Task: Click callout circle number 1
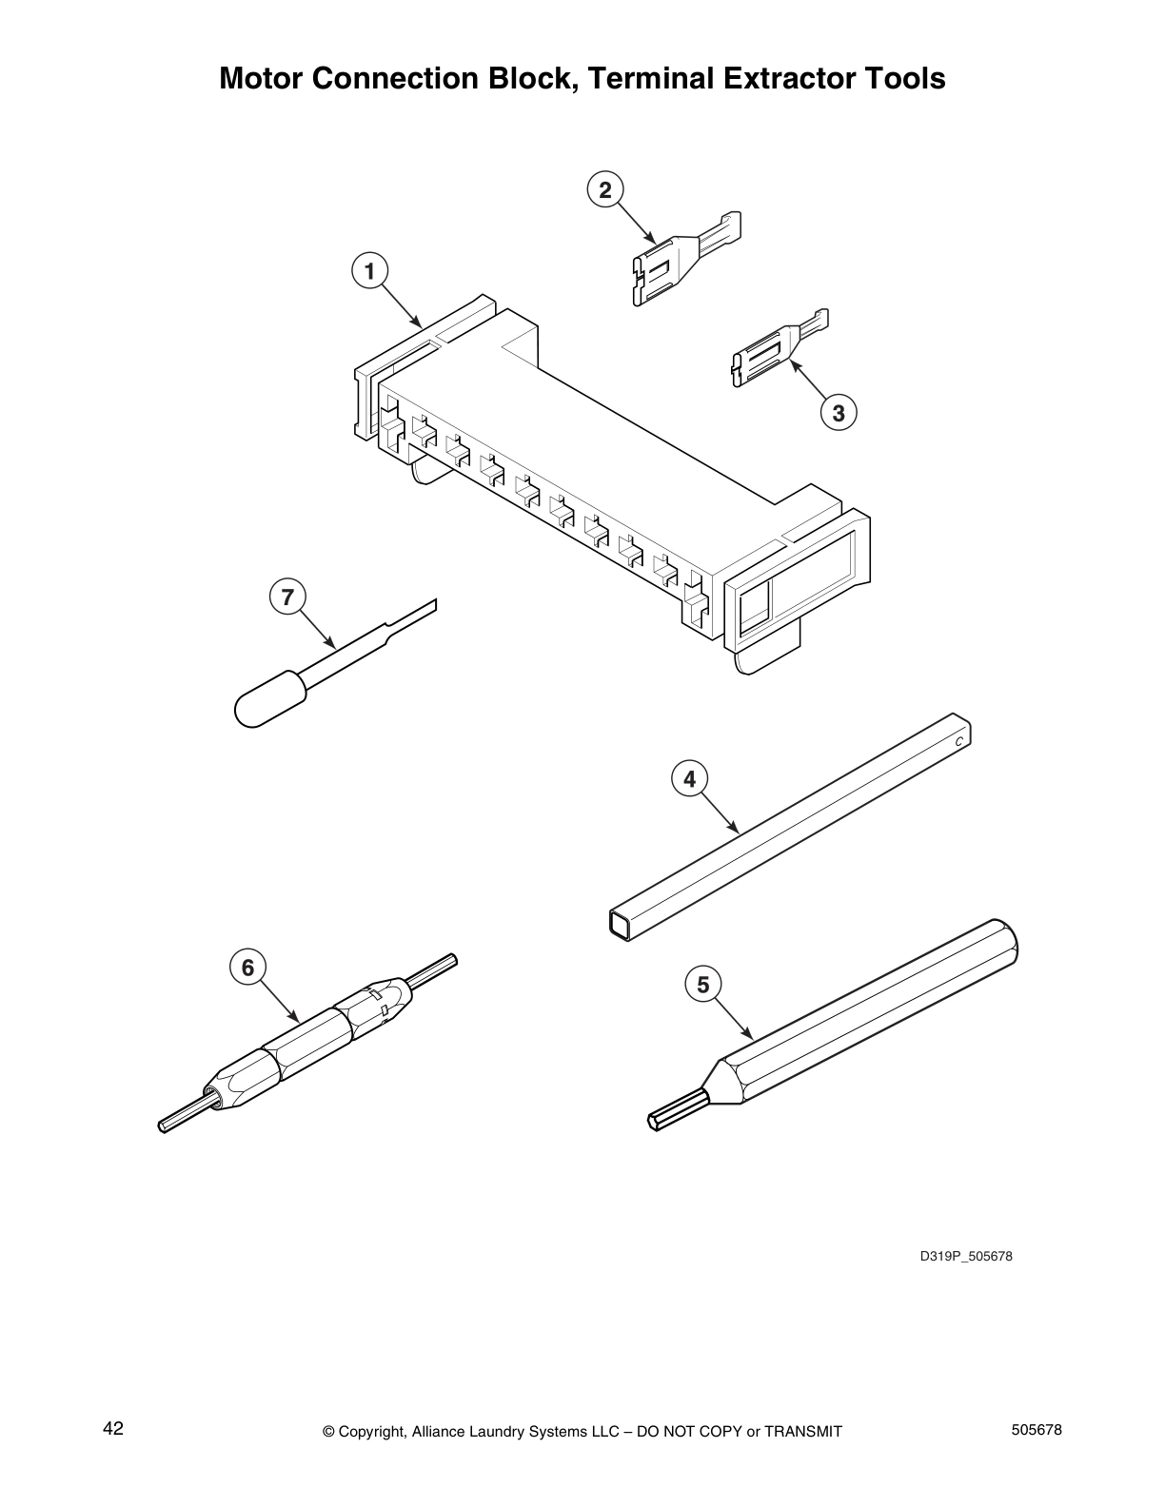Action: (369, 271)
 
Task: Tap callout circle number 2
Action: (604, 189)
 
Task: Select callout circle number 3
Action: (838, 413)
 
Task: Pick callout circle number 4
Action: (689, 779)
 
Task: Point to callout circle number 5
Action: (702, 984)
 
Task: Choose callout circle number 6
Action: (247, 968)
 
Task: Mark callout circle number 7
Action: (287, 597)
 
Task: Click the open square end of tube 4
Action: (619, 924)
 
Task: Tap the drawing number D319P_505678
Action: (965, 1256)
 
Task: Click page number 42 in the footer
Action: (113, 1428)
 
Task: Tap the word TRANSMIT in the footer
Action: (802, 1432)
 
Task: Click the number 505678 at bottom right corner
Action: (1034, 1430)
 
